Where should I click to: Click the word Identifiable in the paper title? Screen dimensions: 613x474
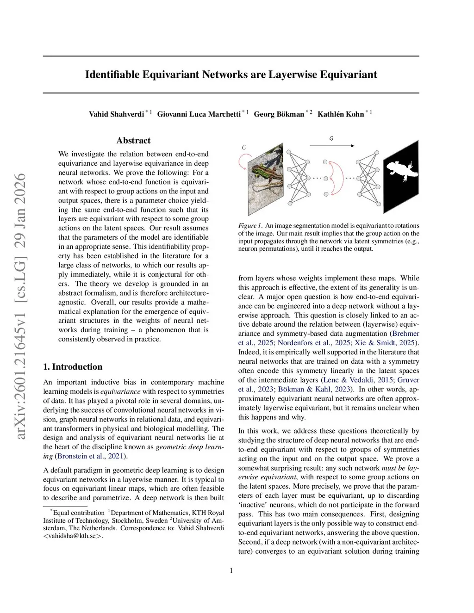coord(112,74)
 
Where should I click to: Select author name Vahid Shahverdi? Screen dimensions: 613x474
coord(116,114)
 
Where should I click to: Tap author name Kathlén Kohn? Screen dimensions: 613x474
coord(341,114)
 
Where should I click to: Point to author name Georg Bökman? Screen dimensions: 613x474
coord(279,114)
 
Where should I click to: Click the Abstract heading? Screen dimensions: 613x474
coord(133,141)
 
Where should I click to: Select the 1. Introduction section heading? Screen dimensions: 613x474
coord(73,367)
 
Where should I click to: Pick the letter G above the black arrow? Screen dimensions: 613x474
coord(331,138)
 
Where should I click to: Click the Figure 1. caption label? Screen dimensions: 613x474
coord(250,226)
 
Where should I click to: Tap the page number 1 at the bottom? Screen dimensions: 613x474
coord(231,570)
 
